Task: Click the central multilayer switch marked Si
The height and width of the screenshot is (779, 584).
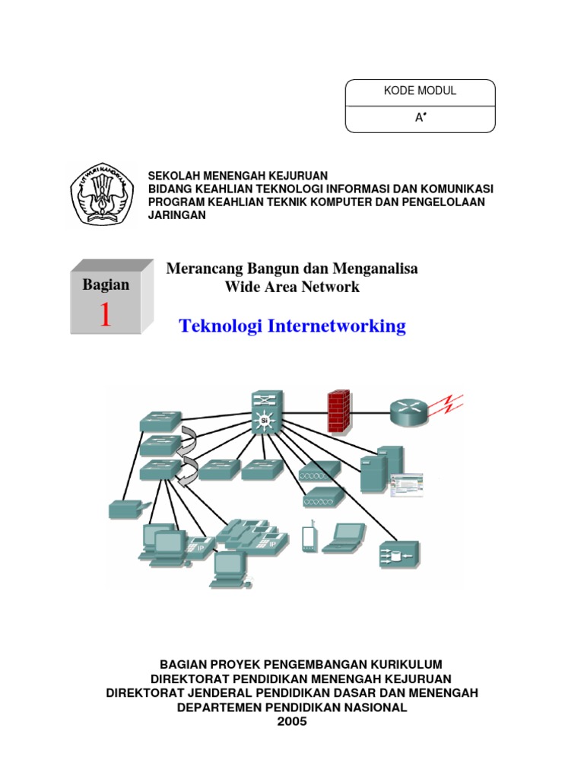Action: tap(265, 415)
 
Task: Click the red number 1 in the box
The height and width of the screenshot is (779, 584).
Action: tap(105, 314)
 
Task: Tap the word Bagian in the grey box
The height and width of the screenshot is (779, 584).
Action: tap(106, 285)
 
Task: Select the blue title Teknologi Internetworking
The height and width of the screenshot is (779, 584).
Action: tap(292, 326)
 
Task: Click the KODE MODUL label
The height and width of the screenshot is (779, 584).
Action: tap(420, 91)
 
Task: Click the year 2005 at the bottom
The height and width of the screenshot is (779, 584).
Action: tap(292, 721)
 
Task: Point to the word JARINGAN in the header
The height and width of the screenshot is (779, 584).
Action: tap(176, 215)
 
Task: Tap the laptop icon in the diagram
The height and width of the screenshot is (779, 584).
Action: tap(343, 537)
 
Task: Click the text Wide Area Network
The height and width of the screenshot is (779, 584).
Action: tap(292, 288)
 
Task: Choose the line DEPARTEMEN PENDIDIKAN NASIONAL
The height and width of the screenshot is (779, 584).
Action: tap(292, 707)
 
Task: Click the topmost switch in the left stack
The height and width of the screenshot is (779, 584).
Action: tap(160, 421)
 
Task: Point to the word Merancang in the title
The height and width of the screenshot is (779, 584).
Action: tap(200, 269)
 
